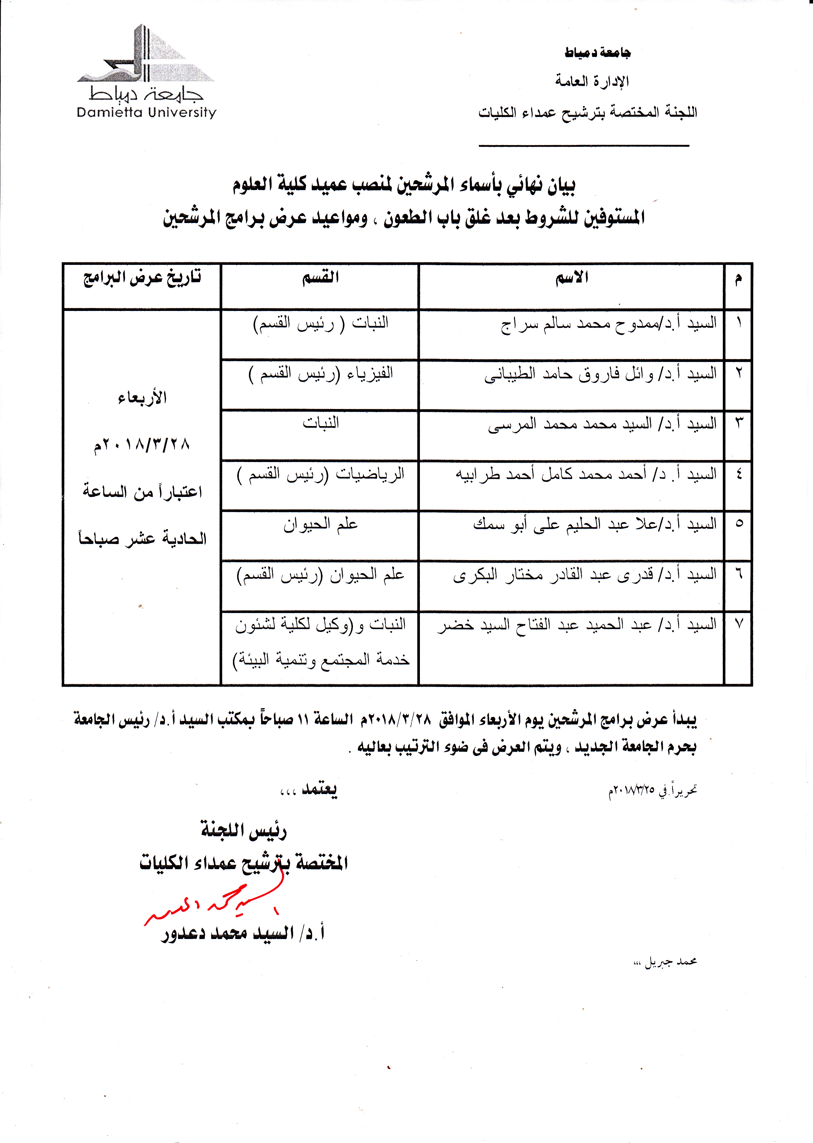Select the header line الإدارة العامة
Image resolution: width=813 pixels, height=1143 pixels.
[x=592, y=81]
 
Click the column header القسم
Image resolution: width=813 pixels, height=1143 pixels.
[x=320, y=278]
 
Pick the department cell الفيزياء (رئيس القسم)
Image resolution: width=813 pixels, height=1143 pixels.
[x=320, y=374]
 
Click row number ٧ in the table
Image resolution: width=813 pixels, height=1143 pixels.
[x=739, y=624]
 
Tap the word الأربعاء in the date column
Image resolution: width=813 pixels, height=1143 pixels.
[x=142, y=398]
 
